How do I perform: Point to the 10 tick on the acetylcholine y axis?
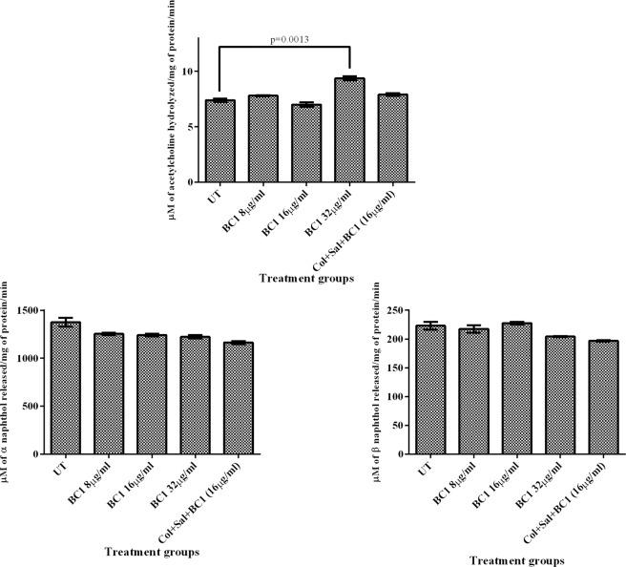(190, 72)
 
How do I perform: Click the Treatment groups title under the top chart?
(305, 278)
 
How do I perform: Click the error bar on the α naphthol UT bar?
(66, 323)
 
